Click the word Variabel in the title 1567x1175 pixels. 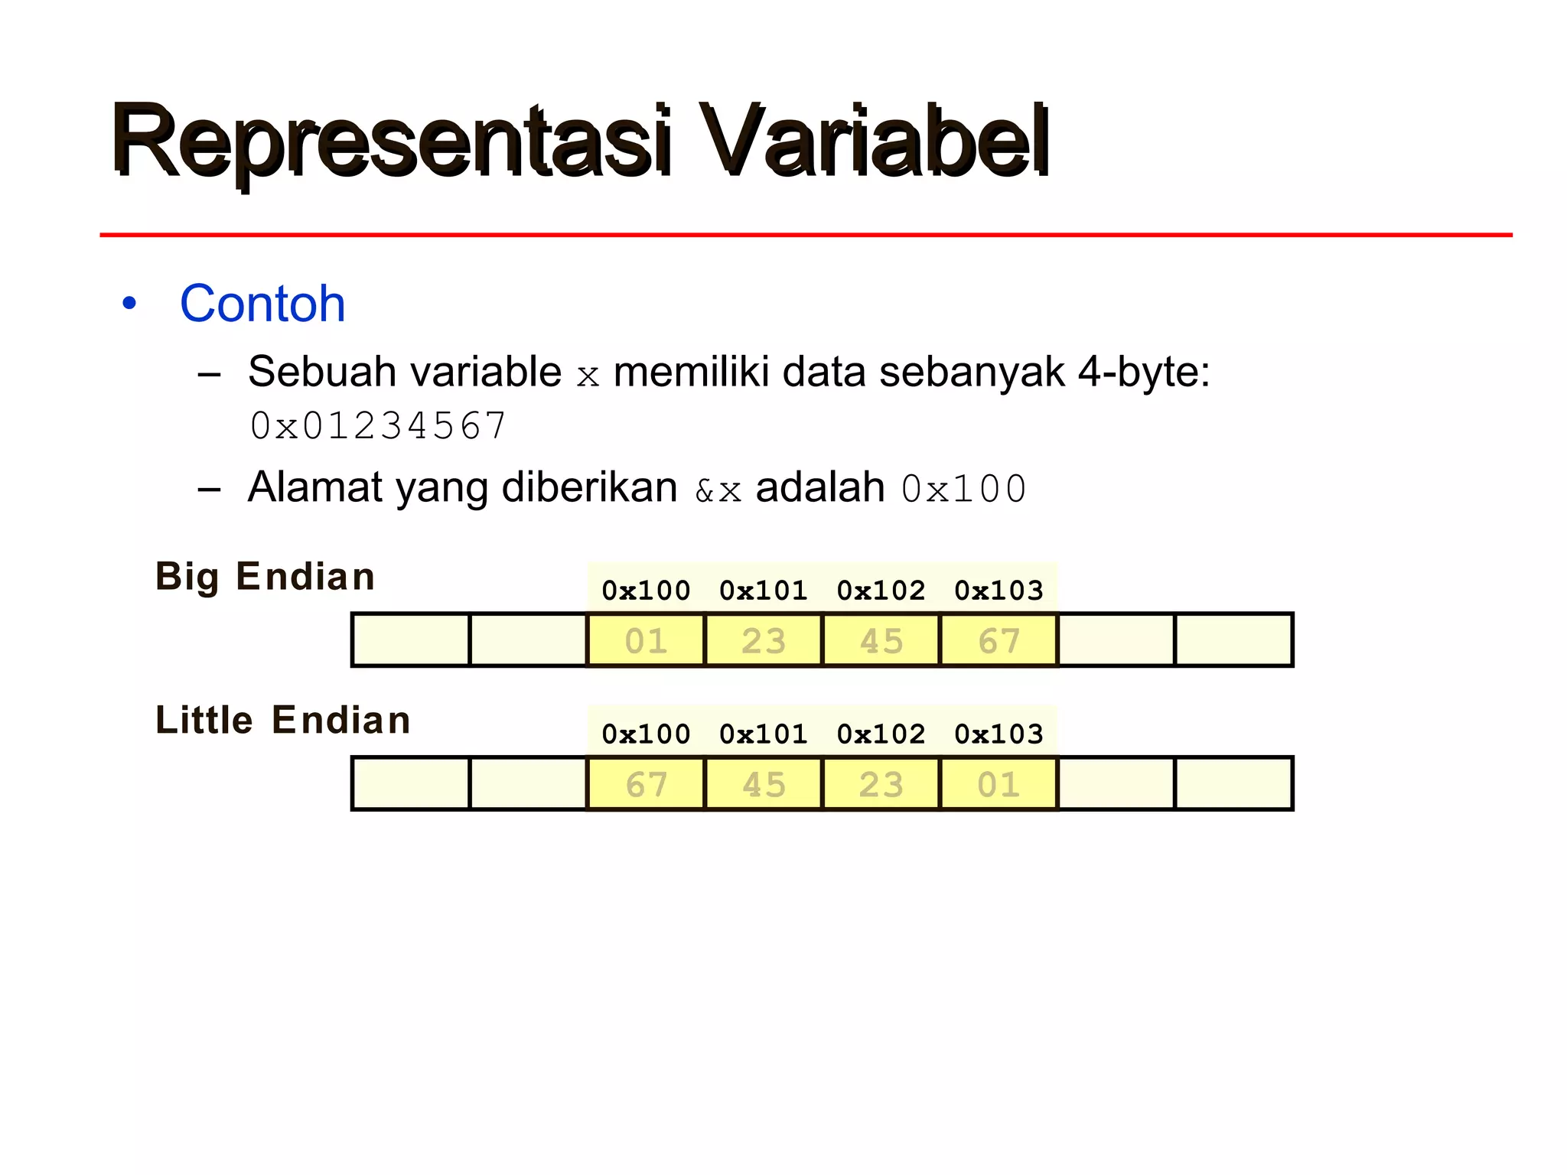(874, 142)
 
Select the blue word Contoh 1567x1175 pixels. (262, 304)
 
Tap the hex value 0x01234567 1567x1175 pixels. (378, 426)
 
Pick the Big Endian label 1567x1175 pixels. (265, 577)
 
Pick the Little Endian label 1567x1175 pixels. (283, 721)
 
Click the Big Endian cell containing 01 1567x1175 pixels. (646, 640)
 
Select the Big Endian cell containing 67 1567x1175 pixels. (999, 640)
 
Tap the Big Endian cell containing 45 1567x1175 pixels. (881, 640)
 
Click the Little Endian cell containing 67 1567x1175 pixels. (646, 784)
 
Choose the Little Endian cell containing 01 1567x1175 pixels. (999, 784)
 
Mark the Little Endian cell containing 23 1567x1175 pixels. (881, 784)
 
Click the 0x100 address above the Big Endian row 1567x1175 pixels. (646, 591)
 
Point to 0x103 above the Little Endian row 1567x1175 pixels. (999, 734)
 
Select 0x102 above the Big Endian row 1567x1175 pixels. (881, 591)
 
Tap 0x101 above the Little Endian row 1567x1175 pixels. (764, 734)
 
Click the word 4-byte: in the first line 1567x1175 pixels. (1144, 373)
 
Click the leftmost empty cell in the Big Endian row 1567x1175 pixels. (411, 640)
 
